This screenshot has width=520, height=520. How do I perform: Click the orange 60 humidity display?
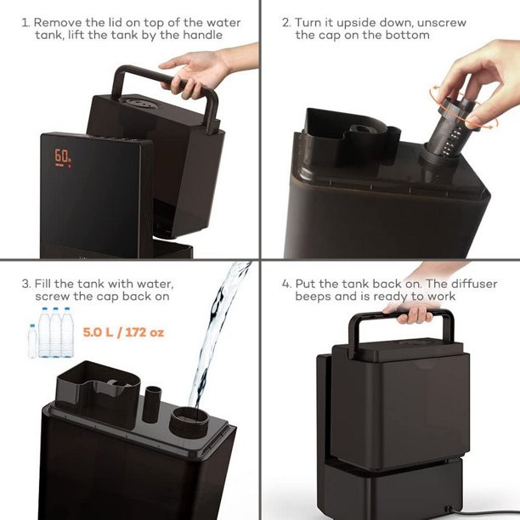pyautogui.click(x=62, y=155)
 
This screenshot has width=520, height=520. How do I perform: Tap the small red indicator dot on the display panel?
pyautogui.click(x=70, y=166)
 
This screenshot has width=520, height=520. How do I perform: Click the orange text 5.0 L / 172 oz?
pyautogui.click(x=123, y=332)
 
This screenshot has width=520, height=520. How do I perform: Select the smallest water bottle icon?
pyautogui.click(x=32, y=342)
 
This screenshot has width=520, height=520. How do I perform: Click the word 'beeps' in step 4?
pyautogui.click(x=313, y=297)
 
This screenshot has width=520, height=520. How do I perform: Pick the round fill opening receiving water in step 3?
pyautogui.click(x=189, y=422)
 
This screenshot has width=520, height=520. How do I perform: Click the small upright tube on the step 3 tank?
pyautogui.click(x=152, y=404)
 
